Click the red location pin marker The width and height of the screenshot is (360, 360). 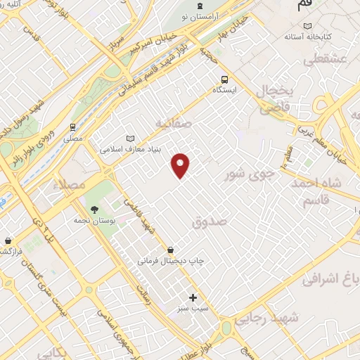click(x=181, y=165)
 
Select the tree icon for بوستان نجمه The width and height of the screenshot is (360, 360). click(x=94, y=209)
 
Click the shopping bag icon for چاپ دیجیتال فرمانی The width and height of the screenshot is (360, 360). click(x=171, y=250)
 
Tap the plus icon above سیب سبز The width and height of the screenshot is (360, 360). click(x=193, y=297)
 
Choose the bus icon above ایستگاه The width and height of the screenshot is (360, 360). click(x=224, y=79)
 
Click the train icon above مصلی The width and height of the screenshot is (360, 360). click(x=72, y=127)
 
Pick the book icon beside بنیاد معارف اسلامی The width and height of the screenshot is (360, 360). click(x=129, y=139)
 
